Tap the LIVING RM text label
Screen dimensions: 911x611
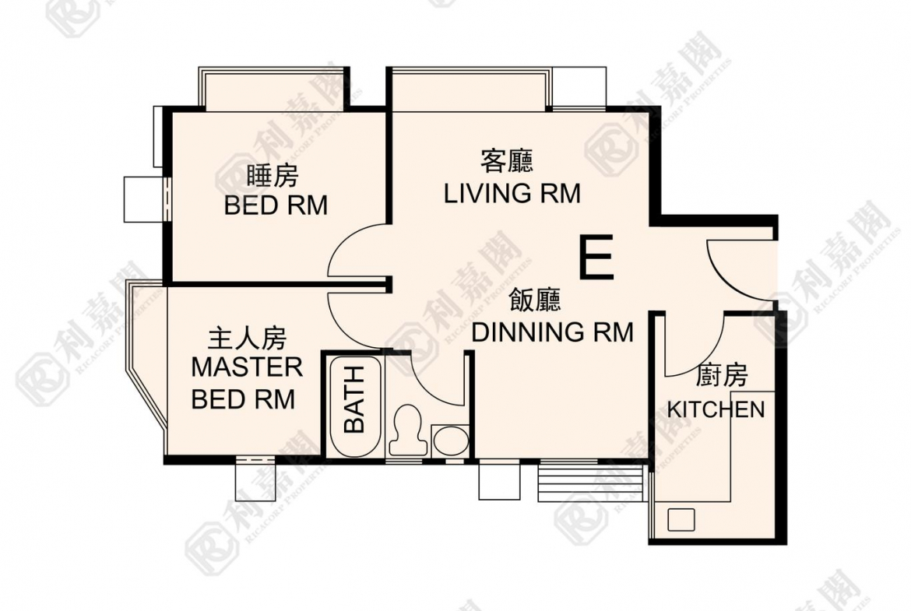(x=512, y=193)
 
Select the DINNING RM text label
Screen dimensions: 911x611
(x=552, y=332)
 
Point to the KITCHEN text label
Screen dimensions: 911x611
(x=716, y=409)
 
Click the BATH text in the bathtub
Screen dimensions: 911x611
(x=354, y=399)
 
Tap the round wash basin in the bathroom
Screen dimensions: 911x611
(x=451, y=441)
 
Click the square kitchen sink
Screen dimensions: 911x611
(x=681, y=520)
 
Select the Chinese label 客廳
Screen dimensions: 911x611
(x=507, y=161)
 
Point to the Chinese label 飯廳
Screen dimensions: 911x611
(x=535, y=300)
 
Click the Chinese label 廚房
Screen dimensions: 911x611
(x=721, y=377)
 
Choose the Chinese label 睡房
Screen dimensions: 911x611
(x=273, y=176)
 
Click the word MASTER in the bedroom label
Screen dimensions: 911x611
(x=247, y=367)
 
